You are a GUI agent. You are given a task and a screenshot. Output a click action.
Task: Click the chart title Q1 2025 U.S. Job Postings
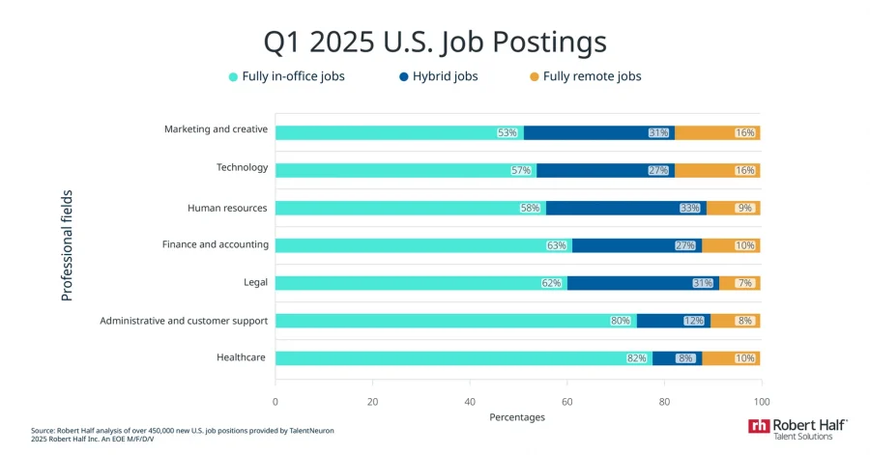435,43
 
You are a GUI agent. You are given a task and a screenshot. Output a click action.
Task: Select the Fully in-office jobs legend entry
286,76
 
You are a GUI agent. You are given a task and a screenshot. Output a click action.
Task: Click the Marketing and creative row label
216,129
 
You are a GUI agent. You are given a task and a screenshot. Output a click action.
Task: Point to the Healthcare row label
242,357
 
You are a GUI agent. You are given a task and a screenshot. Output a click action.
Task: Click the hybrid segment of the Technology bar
605,170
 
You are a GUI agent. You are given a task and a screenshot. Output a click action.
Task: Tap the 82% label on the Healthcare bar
636,358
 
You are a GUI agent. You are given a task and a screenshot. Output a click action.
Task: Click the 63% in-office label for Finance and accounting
556,245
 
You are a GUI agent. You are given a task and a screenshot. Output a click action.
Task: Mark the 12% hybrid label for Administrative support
694,321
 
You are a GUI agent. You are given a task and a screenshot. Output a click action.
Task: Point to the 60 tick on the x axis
568,401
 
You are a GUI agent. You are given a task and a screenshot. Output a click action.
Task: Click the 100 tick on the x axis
762,401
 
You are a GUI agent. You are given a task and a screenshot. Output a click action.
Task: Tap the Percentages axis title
517,417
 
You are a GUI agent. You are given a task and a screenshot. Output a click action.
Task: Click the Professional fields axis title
67,245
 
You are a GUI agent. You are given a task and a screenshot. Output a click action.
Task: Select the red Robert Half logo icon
759,425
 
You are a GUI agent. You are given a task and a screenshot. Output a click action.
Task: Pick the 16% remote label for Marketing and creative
744,132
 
